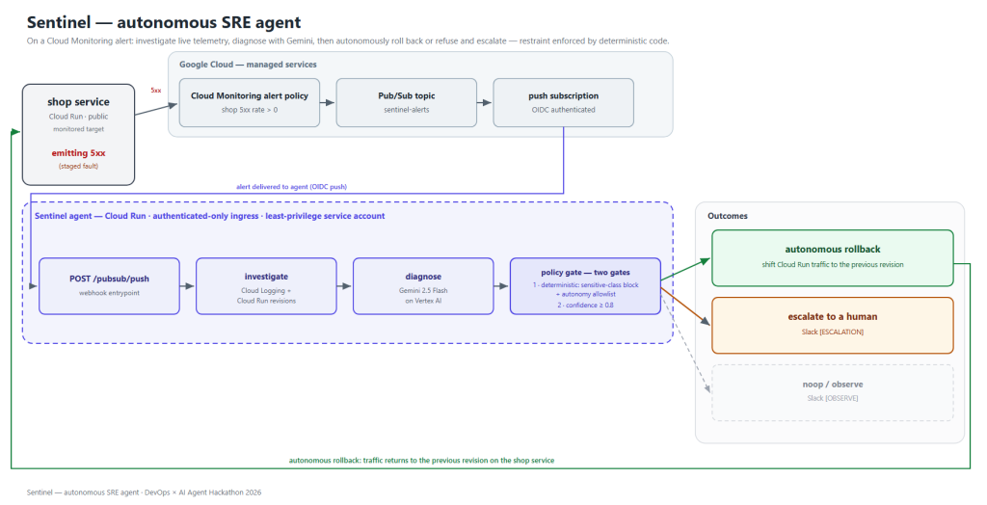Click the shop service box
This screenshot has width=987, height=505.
[79, 135]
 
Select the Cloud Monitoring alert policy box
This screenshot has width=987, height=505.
[250, 102]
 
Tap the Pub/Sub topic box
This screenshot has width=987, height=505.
[407, 102]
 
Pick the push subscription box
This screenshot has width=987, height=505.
[563, 102]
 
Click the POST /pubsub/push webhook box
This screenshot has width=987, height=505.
[110, 286]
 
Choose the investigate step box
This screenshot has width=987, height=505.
[266, 286]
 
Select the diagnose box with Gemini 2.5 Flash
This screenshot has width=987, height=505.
[423, 286]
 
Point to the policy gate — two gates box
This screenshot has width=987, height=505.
[585, 286]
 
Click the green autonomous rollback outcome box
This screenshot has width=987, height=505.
[833, 258]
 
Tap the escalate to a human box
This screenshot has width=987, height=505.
[833, 326]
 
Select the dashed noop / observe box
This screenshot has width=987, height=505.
[833, 393]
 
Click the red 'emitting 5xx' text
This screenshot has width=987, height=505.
[79, 153]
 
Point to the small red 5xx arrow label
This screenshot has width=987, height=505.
[156, 91]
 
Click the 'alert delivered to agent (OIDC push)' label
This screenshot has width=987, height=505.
[291, 187]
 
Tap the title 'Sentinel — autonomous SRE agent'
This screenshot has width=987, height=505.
[164, 23]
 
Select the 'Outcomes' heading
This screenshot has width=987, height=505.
[728, 216]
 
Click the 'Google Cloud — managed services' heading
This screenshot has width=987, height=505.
[248, 65]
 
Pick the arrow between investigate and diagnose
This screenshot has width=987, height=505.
[345, 286]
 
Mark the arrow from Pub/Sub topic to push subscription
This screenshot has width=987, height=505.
[485, 102]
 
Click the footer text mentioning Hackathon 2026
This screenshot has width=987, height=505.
[145, 492]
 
